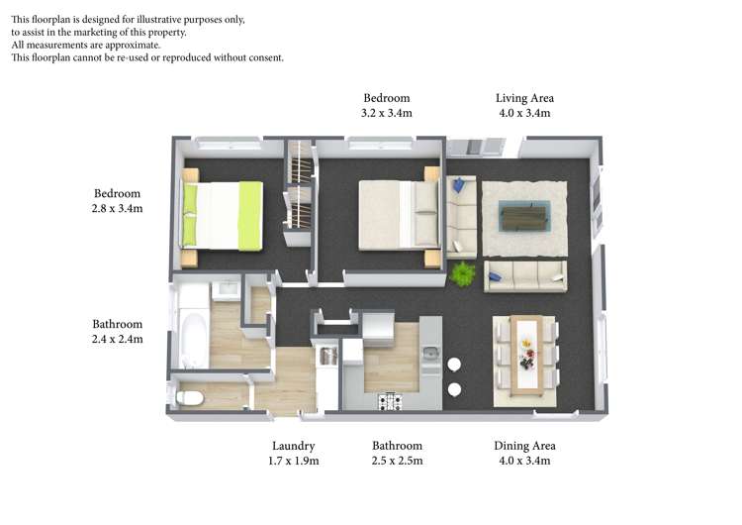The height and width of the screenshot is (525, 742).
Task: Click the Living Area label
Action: point(524,98)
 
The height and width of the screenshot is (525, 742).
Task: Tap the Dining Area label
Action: point(524,446)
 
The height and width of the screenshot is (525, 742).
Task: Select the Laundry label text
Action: point(294,447)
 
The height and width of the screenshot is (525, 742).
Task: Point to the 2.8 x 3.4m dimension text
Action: point(117,208)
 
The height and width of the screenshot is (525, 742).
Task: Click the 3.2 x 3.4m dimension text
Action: point(387,113)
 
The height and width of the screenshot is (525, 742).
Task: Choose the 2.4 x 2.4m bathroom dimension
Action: point(117,339)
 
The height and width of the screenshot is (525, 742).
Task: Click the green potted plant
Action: point(462,273)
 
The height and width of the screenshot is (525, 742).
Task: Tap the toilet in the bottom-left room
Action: point(190,398)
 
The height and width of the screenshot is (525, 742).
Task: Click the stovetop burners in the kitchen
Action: point(391,402)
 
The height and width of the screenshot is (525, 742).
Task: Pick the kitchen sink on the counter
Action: point(431,353)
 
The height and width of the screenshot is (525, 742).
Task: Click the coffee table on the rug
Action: point(524,216)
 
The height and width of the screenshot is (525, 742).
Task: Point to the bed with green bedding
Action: point(222,216)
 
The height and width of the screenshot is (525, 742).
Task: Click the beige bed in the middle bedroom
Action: point(399,215)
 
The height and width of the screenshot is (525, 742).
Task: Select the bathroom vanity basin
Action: point(227,290)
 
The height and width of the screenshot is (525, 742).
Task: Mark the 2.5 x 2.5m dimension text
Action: point(397,461)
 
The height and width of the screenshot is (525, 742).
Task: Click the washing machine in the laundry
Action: point(328,356)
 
